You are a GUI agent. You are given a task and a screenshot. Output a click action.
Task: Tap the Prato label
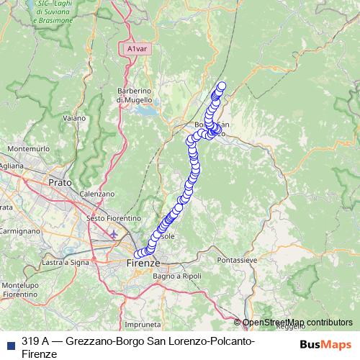coord(60,183)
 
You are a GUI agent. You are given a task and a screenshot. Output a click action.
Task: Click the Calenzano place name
coord(97,194)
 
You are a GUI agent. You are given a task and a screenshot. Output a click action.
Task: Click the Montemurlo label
coord(27,148)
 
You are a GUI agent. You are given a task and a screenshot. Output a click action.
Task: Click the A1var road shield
coord(134,49)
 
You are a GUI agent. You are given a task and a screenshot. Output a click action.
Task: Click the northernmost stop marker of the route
coord(222,86)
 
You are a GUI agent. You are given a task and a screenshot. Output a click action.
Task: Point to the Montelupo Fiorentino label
coord(19,290)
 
